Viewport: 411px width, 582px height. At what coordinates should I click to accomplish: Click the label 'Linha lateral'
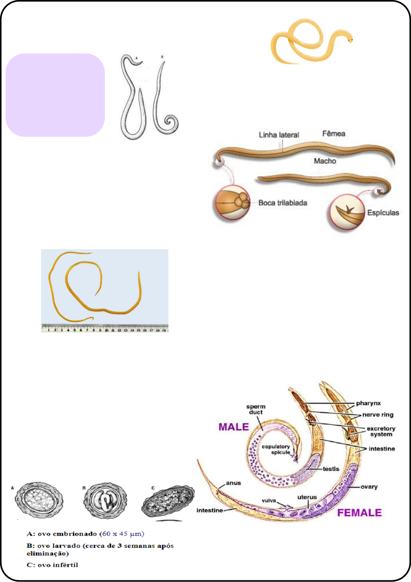[x=279, y=135]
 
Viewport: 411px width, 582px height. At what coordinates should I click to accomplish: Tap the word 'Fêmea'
[x=334, y=133]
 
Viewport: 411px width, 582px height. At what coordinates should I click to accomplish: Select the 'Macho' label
[x=325, y=161]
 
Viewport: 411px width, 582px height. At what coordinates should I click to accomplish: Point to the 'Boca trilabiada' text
[x=283, y=203]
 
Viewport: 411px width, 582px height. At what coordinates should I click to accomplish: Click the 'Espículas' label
[x=383, y=213]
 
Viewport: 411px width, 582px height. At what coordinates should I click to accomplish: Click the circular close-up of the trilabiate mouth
[x=232, y=203]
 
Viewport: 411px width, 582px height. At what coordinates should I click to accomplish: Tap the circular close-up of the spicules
[x=347, y=212]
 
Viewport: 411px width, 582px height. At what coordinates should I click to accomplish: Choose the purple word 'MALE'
[x=234, y=427]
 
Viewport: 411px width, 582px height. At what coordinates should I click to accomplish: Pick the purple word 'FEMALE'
[x=359, y=513]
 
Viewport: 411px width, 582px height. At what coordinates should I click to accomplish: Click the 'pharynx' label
[x=368, y=403]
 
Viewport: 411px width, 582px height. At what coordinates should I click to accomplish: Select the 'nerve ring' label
[x=378, y=415]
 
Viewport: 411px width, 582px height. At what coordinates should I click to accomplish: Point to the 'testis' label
[x=331, y=469]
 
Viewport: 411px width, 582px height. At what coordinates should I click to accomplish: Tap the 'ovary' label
[x=369, y=487]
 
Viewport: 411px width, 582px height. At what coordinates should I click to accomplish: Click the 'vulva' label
[x=269, y=500]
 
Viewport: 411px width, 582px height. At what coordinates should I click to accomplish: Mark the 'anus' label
[x=233, y=483]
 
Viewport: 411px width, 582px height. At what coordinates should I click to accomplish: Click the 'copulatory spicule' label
[x=276, y=449]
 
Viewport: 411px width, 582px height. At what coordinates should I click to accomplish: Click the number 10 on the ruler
[x=106, y=330]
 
